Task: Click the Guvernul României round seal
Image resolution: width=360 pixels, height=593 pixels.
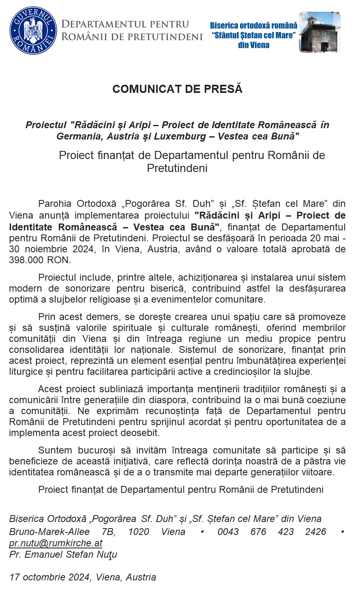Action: pyautogui.click(x=33, y=31)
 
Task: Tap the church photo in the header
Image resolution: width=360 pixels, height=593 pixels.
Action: pyautogui.click(x=319, y=32)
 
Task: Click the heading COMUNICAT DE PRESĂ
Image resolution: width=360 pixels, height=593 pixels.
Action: pyautogui.click(x=177, y=89)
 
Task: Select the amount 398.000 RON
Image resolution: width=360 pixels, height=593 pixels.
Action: pyautogui.click(x=40, y=260)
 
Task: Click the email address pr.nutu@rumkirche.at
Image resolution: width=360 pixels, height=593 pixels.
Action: pyautogui.click(x=56, y=543)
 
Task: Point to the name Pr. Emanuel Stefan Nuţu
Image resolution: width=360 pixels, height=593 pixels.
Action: pyautogui.click(x=63, y=554)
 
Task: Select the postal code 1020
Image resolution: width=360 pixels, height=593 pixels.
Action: pyautogui.click(x=139, y=532)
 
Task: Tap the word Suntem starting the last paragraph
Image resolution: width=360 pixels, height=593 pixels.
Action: pyautogui.click(x=55, y=450)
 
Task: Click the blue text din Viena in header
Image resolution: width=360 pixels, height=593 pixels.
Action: pyautogui.click(x=253, y=45)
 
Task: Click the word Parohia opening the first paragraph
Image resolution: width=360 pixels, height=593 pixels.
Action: pyautogui.click(x=54, y=204)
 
